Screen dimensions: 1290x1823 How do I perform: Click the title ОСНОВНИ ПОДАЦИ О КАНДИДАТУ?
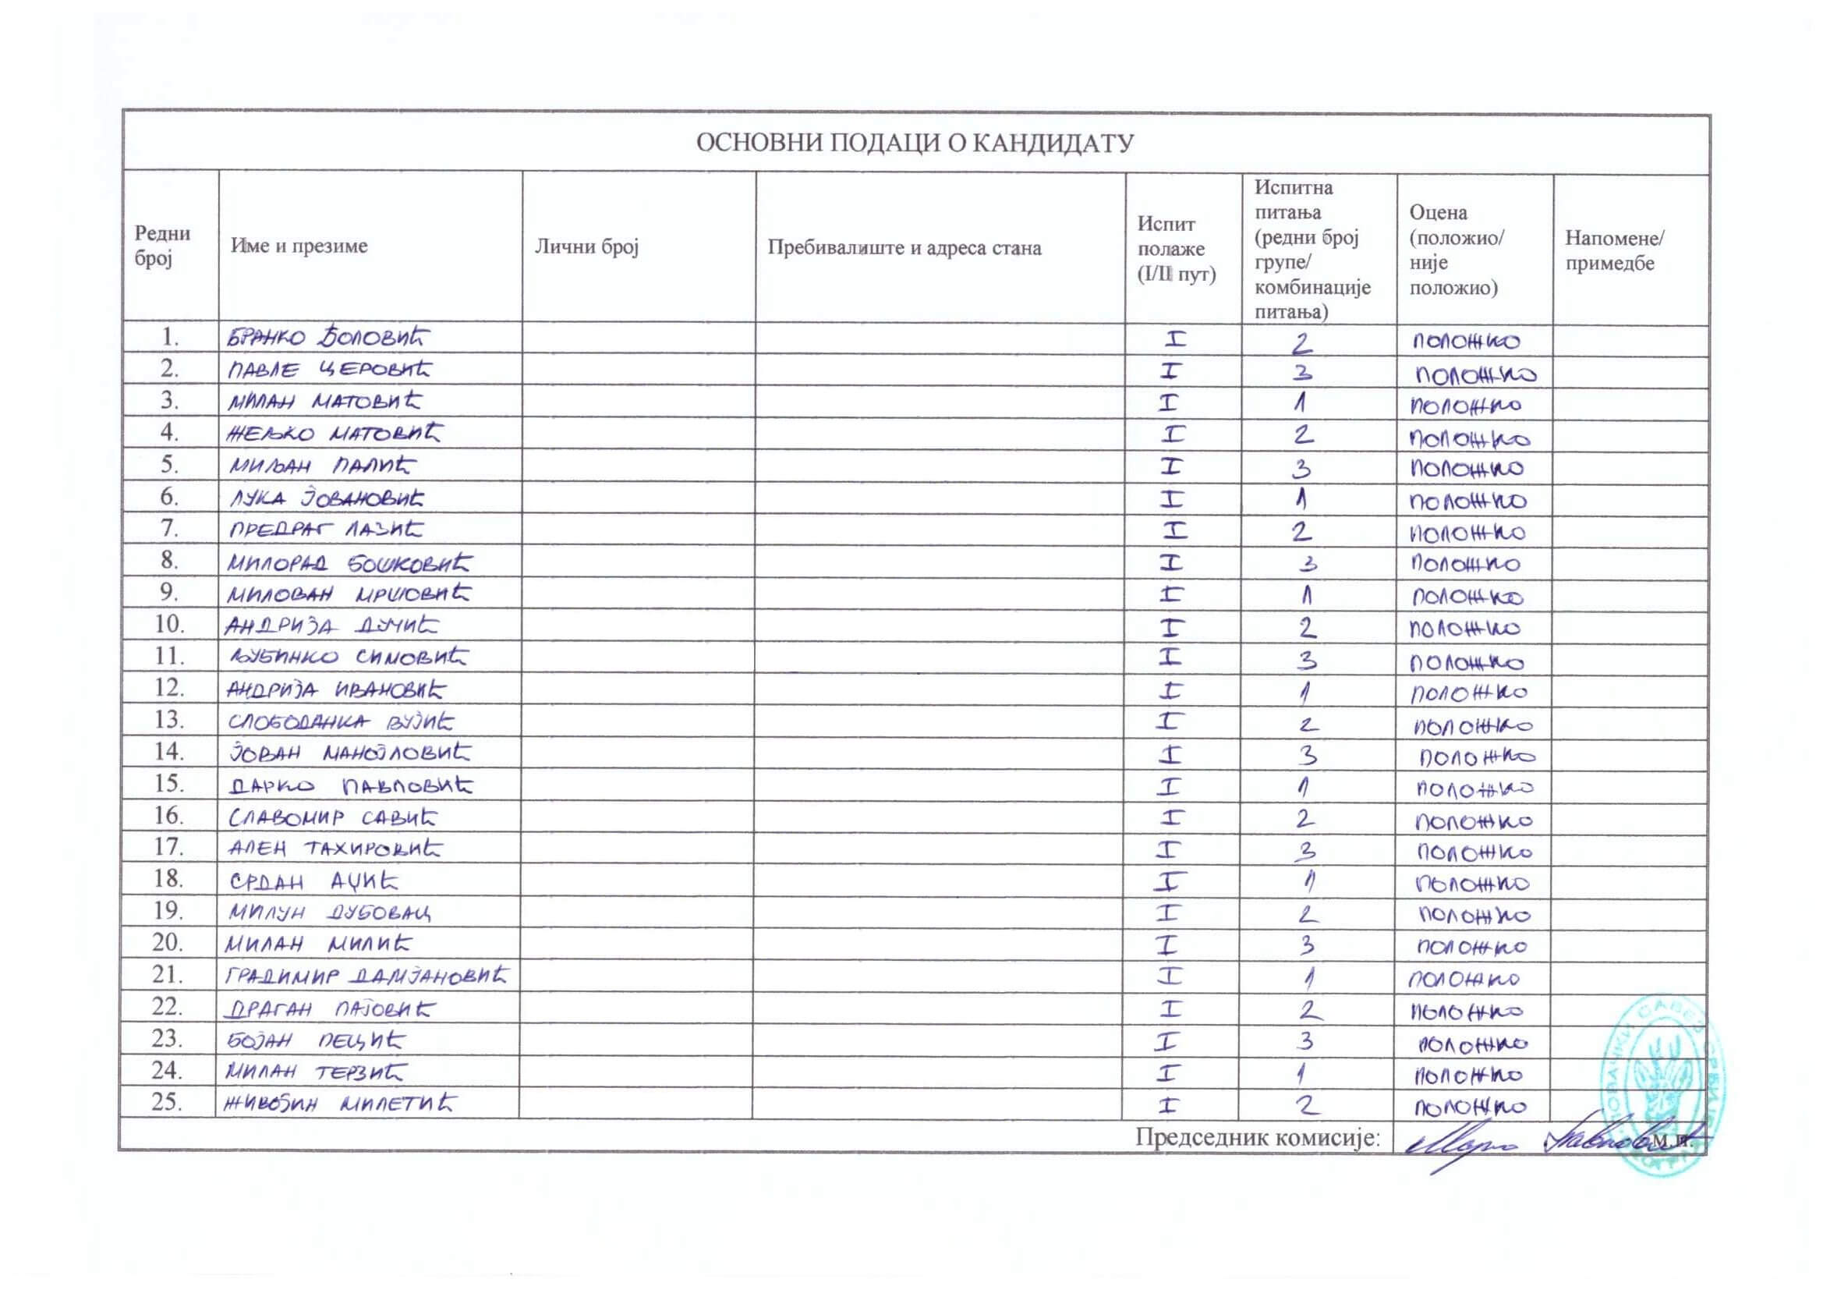915,143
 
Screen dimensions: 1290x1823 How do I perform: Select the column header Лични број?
586,247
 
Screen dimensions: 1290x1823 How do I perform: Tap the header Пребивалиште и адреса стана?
904,248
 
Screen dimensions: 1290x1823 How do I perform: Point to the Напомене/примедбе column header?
1613,250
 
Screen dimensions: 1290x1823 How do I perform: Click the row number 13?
169,720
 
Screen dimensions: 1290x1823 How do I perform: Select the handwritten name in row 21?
365,976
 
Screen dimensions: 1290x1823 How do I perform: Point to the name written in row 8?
349,563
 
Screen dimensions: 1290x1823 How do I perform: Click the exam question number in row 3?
1300,403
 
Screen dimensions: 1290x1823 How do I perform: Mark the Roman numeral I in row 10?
1171,628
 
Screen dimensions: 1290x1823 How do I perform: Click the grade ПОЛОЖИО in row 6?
1467,501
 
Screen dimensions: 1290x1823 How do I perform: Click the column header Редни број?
162,246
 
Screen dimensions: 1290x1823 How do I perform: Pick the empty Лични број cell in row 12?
639,689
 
